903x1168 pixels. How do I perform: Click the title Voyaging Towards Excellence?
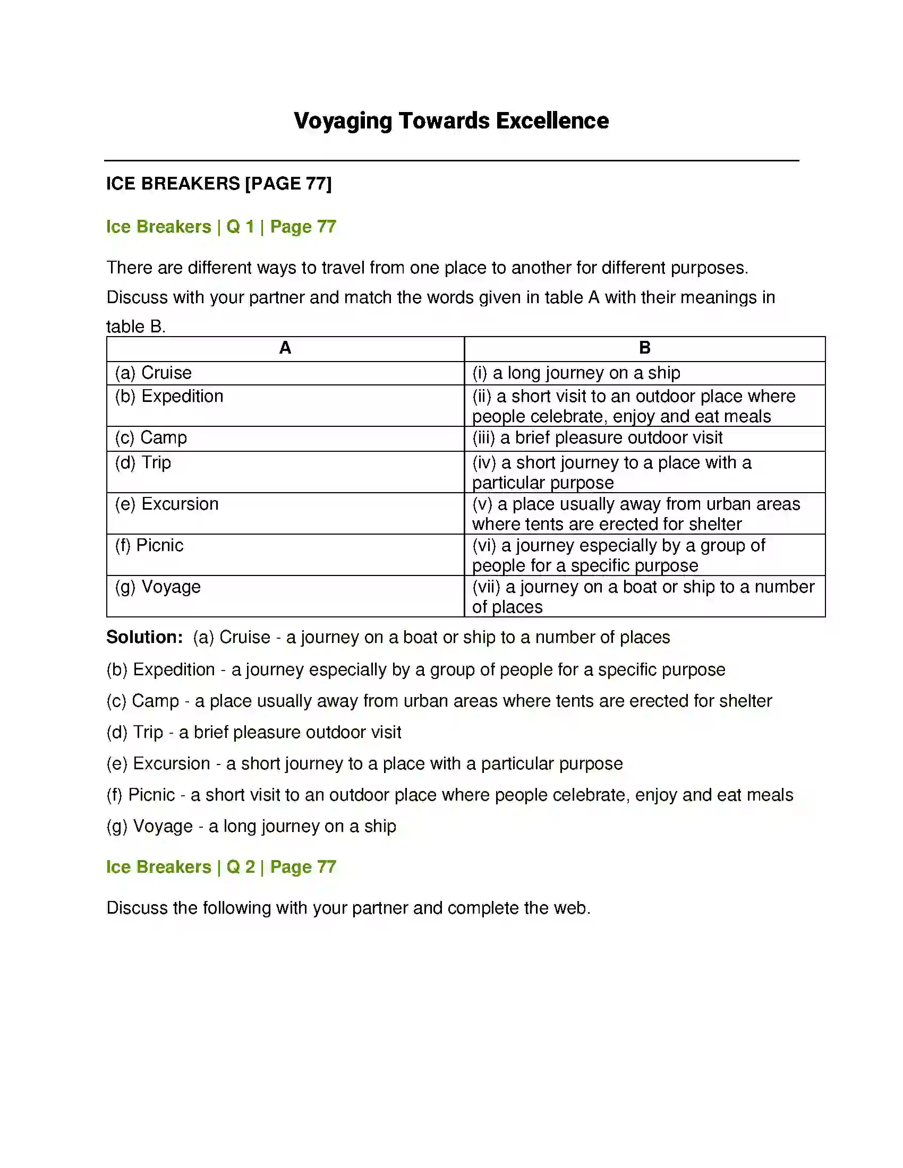[451, 121]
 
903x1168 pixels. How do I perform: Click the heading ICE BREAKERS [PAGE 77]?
[219, 184]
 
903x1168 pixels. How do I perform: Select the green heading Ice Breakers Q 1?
[221, 227]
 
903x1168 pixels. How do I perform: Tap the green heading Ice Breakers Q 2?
[221, 867]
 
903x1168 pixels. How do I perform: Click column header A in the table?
[285, 348]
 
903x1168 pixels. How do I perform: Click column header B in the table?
[645, 348]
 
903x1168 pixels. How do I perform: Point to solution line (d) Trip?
[253, 732]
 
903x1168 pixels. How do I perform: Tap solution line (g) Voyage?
[251, 826]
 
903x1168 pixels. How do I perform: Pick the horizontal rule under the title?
[451, 160]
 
